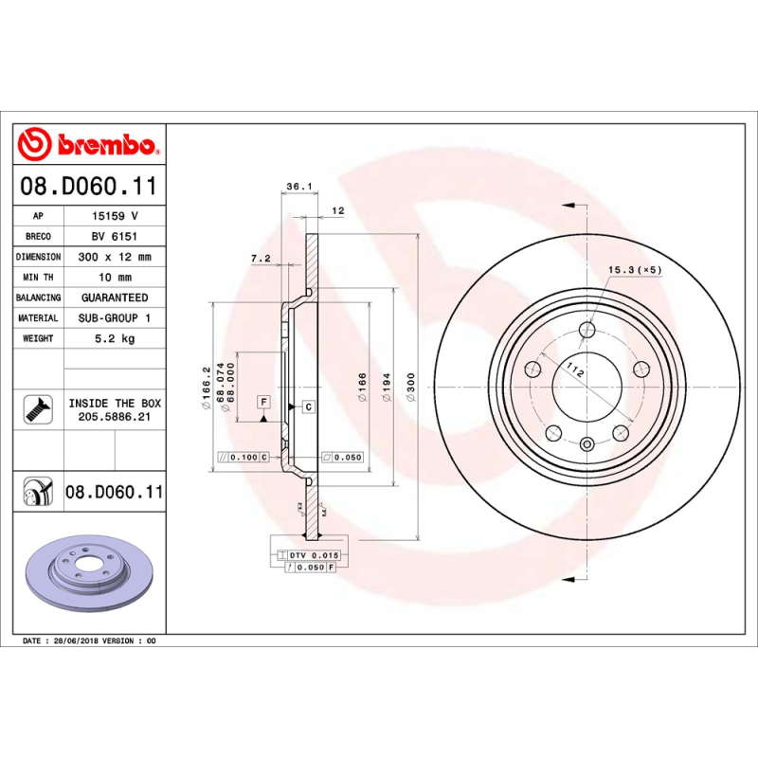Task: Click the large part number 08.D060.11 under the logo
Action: tap(88, 187)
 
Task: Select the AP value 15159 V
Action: tap(115, 217)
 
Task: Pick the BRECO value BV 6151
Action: tap(115, 237)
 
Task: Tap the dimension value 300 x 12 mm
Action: tap(115, 257)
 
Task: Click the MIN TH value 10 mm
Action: tap(115, 278)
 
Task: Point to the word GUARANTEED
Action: tap(115, 298)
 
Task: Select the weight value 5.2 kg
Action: tap(115, 338)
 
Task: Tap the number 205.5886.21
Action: tap(115, 417)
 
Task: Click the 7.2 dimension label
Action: tap(261, 259)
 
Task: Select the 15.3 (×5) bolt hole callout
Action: tap(634, 271)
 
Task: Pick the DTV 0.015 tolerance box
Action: tap(313, 554)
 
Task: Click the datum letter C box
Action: tap(309, 406)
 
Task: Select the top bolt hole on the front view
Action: tap(587, 330)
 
